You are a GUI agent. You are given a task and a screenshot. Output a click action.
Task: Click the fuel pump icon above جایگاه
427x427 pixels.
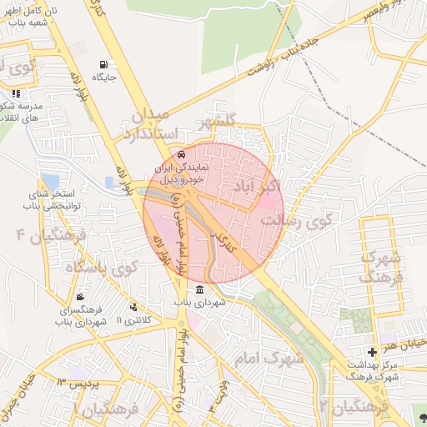(103, 64)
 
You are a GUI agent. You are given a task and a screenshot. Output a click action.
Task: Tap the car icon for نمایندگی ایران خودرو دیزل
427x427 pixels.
(182, 154)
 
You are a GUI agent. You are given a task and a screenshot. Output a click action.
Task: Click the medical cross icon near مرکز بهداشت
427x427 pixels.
(372, 353)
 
